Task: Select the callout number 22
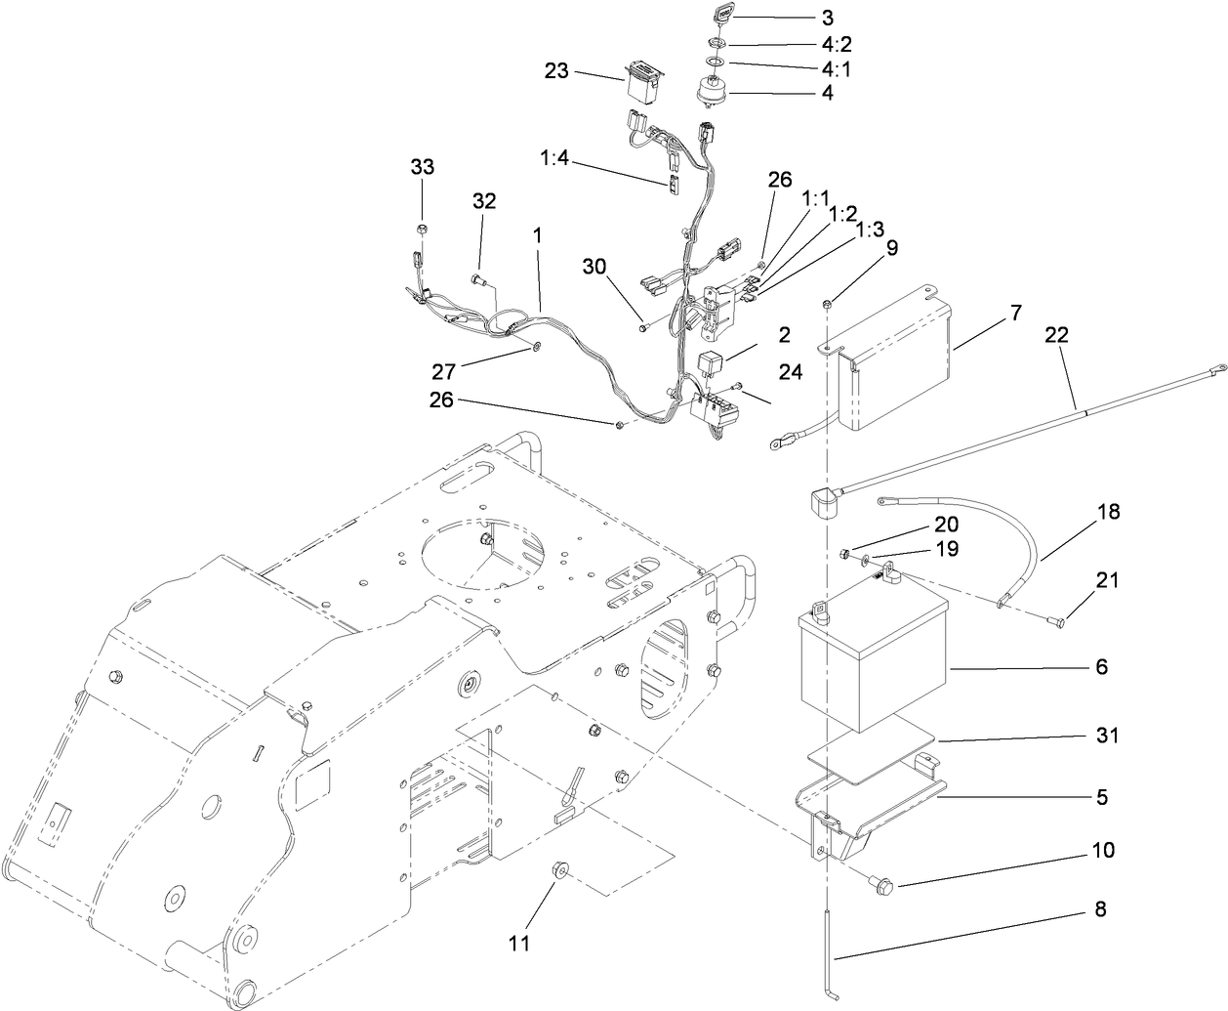(x=1056, y=335)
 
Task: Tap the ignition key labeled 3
(x=719, y=17)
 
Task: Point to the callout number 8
(x=1100, y=910)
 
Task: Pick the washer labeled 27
(x=536, y=346)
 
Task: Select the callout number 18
(x=1081, y=512)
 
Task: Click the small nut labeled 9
(x=827, y=306)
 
